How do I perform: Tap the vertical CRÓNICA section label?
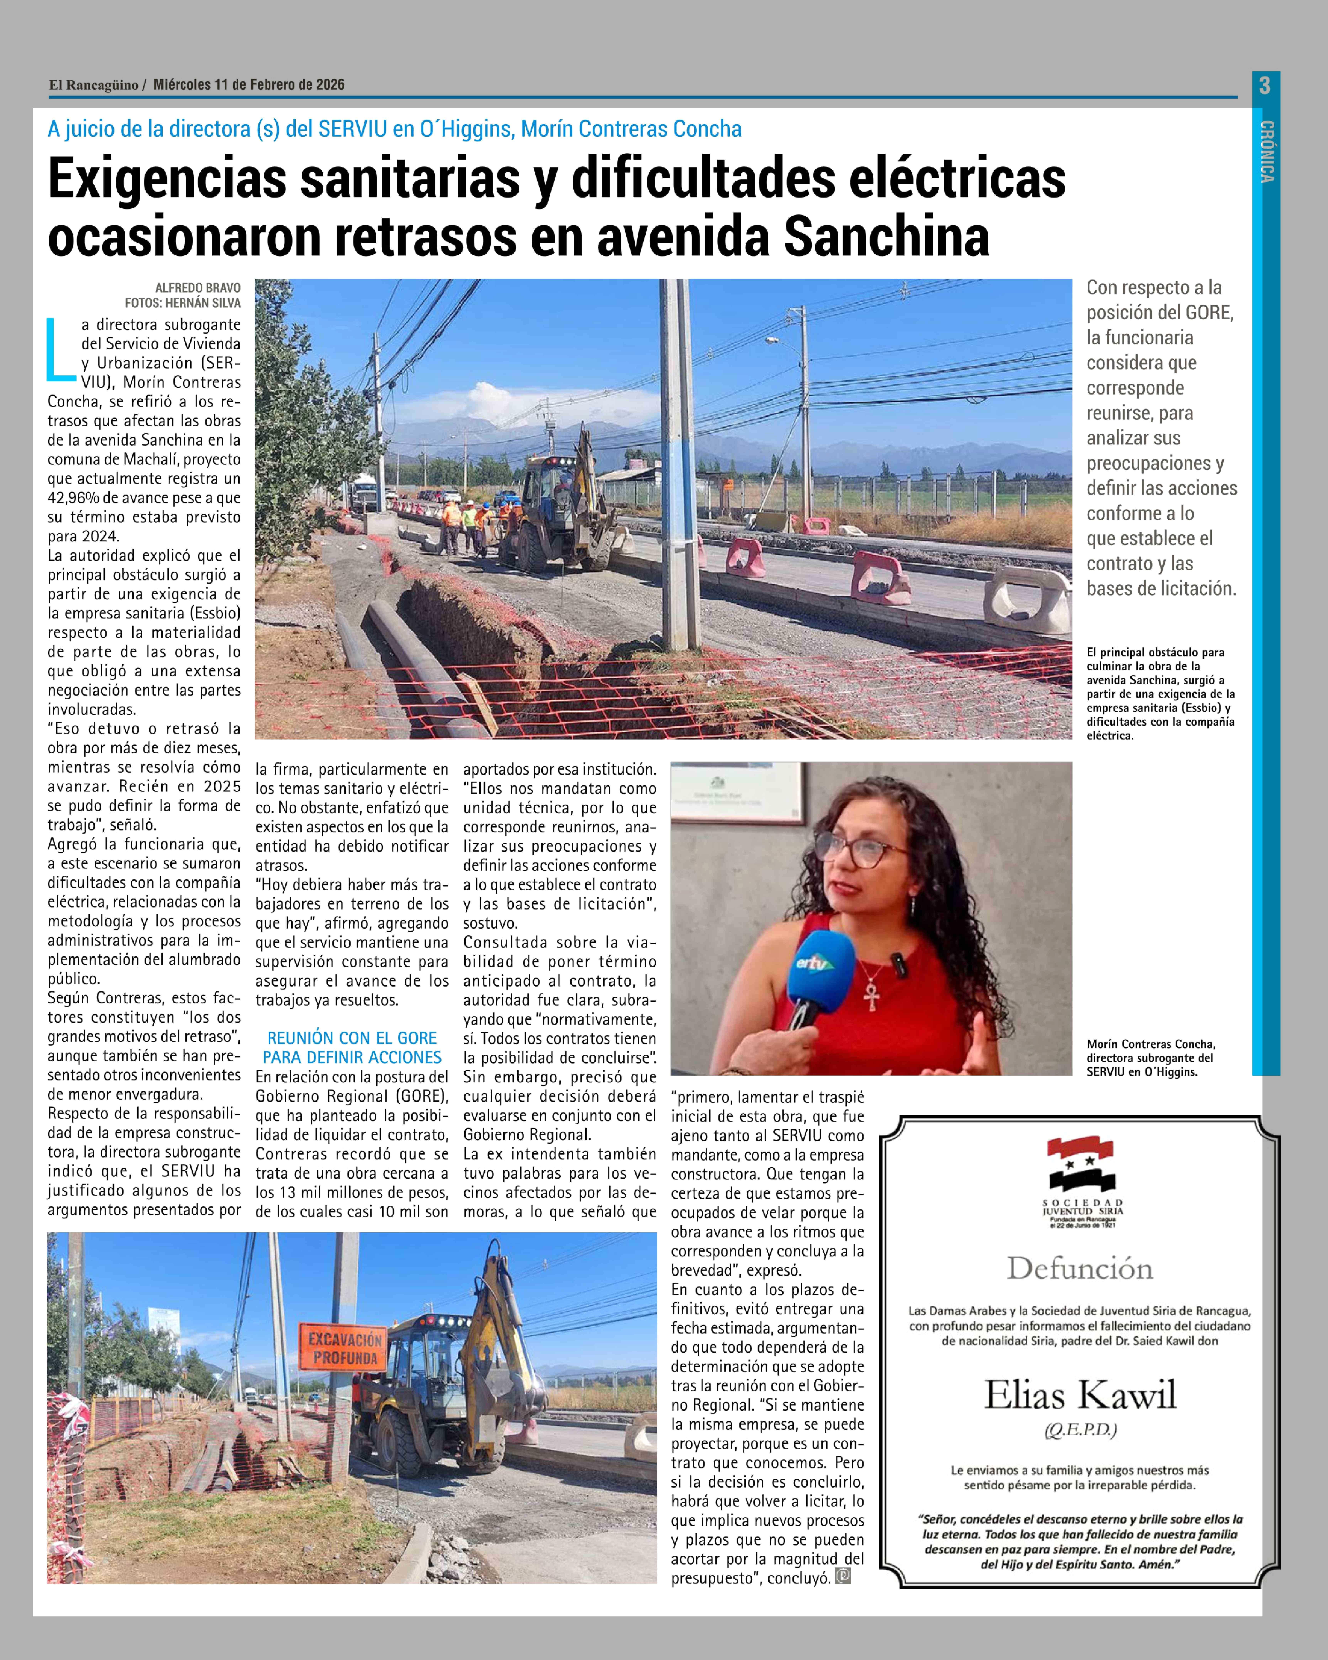point(1266,152)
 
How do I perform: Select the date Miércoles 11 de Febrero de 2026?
point(249,85)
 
